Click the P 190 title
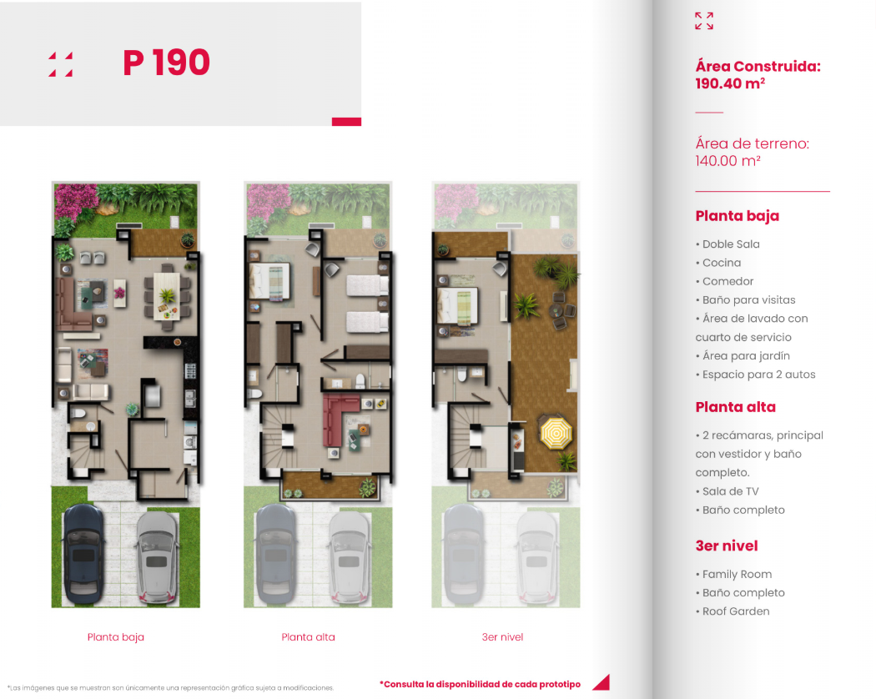pos(167,62)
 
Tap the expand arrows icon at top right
pos(704,21)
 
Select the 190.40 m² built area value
pos(730,83)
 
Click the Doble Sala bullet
pos(727,244)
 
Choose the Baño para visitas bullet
pos(745,300)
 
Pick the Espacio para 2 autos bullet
pos(755,375)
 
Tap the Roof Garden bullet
pos(733,611)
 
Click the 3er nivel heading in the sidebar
pos(727,546)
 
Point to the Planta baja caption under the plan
pos(116,637)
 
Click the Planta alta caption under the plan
pos(309,637)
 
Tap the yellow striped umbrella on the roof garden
pos(556,432)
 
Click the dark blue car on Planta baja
pos(83,555)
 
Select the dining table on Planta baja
pos(167,295)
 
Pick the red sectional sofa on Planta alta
pos(337,419)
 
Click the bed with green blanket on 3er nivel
pos(458,306)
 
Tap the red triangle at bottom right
pos(602,682)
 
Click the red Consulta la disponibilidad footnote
pos(480,685)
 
